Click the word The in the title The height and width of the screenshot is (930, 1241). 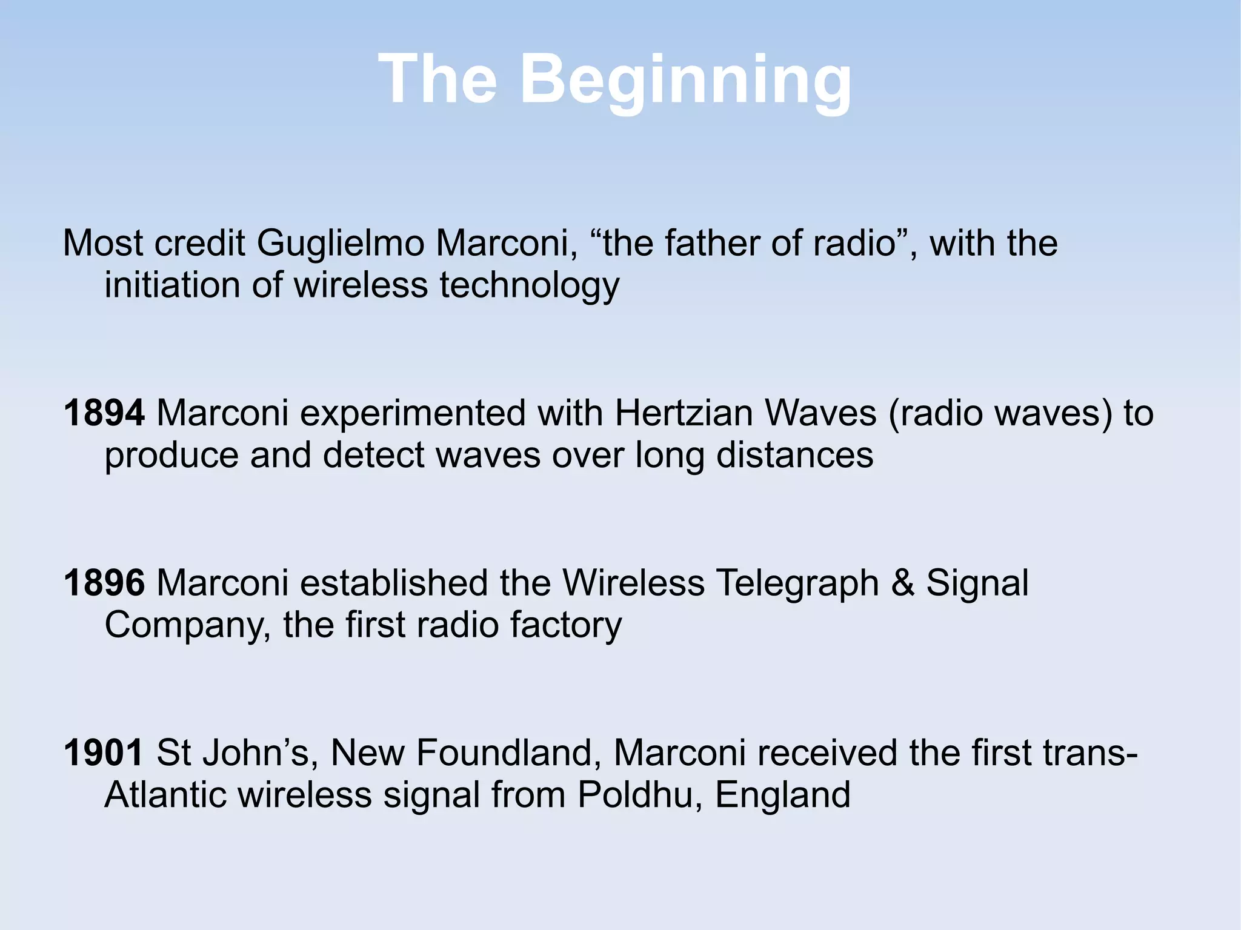(438, 79)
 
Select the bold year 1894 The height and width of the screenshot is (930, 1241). (104, 413)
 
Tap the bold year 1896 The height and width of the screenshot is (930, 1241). (104, 583)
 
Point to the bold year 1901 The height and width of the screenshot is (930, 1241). (103, 752)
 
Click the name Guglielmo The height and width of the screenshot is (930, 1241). (340, 244)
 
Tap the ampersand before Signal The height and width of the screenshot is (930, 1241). (902, 583)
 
